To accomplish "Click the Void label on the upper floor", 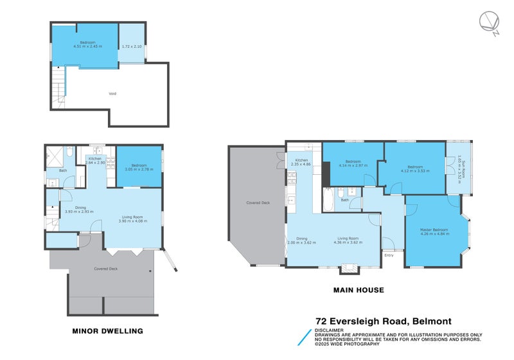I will pos(112,94).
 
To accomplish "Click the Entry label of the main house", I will pos(389,255).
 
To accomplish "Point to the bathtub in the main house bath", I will pos(327,199).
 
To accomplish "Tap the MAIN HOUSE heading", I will pos(359,290).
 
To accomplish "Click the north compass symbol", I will pos(488,24).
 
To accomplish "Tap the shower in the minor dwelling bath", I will pos(53,154).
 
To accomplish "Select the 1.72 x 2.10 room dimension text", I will pos(131,47).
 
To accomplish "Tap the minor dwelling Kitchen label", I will pos(95,158).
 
